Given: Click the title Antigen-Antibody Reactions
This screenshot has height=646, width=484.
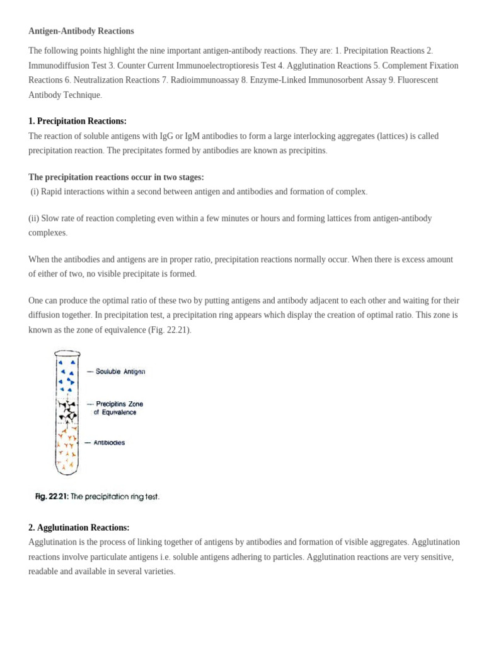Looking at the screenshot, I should (x=81, y=31).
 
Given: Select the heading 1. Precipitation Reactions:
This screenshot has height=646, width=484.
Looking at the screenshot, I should (x=78, y=121).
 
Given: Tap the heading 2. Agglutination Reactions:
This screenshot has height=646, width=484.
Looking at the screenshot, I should (x=79, y=527).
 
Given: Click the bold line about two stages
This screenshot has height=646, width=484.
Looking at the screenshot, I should (x=116, y=177).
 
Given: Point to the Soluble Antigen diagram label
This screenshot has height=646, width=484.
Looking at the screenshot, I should (x=120, y=372).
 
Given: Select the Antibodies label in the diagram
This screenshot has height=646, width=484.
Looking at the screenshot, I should (x=109, y=443).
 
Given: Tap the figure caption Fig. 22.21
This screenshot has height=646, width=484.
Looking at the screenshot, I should (x=97, y=496).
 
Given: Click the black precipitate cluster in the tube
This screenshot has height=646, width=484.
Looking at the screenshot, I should (x=66, y=410).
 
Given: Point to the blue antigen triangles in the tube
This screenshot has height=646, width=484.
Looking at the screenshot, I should (x=66, y=376).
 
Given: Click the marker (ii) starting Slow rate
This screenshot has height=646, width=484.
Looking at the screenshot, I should (x=35, y=218).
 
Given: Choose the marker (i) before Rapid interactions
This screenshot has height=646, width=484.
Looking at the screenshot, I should (x=35, y=191).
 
